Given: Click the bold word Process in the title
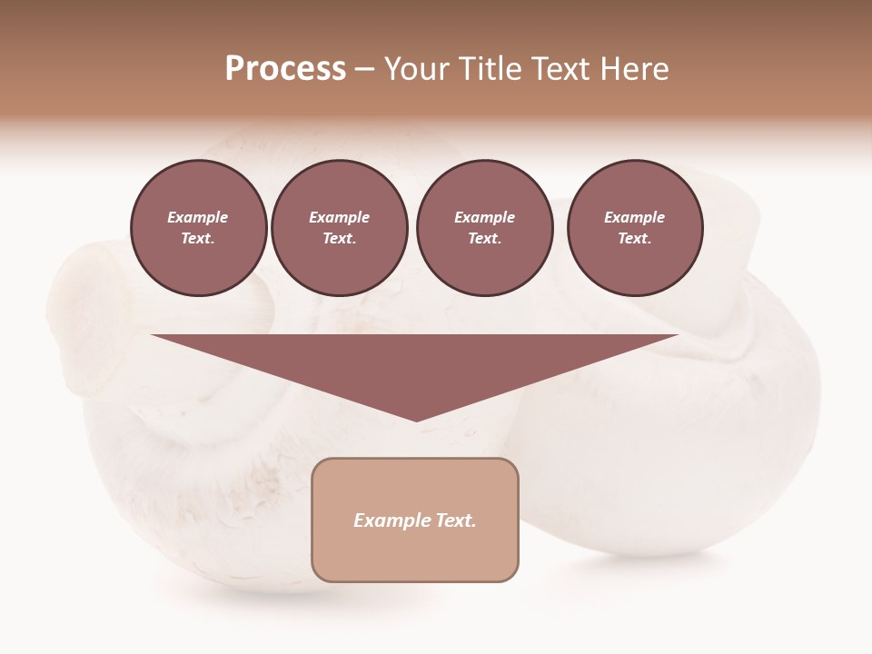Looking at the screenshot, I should pos(285,69).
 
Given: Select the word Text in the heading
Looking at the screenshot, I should pos(560,69).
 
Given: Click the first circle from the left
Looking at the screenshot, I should pos(199,228).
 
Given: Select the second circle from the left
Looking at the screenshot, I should pos(339,228).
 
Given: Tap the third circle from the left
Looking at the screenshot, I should pos(484,228).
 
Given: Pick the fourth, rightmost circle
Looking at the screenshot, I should pos(635,228).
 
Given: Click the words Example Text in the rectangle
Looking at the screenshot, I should pos(415,520).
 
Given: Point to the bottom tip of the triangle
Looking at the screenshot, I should pos(417,420).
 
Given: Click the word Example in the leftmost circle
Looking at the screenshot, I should pos(197,218).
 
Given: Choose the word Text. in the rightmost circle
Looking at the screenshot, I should pos(635,239).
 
